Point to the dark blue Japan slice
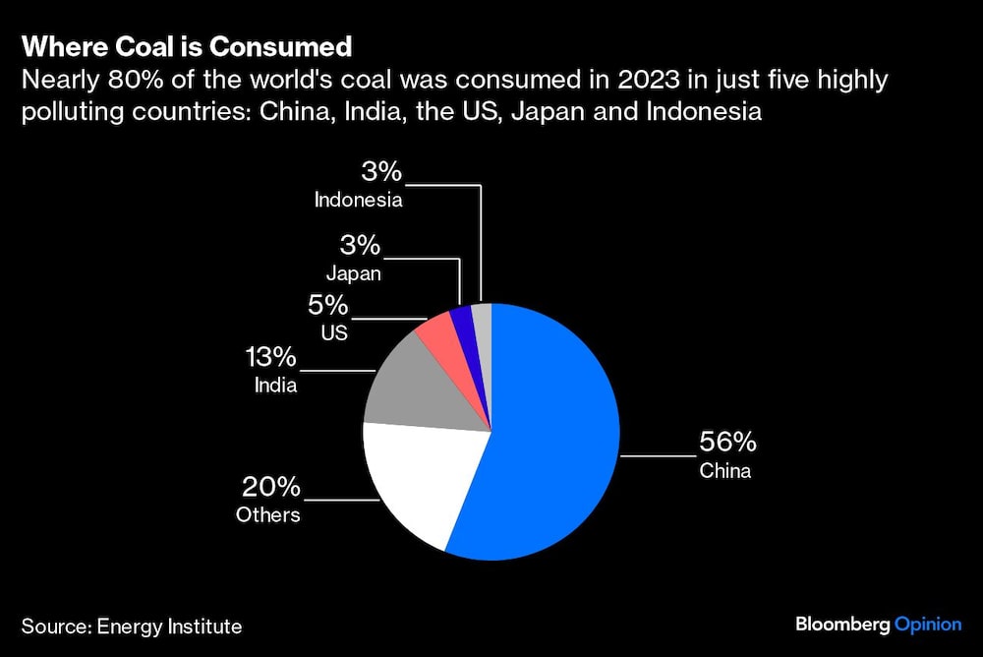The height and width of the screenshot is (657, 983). click(461, 319)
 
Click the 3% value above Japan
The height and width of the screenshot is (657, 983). click(360, 245)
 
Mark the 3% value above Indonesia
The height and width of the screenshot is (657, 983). click(381, 173)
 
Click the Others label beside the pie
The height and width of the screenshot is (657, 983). click(268, 514)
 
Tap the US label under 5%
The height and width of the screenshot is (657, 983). click(335, 333)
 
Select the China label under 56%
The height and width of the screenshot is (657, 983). click(724, 471)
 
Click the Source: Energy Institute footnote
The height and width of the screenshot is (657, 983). click(131, 626)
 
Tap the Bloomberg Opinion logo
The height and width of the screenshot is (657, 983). click(878, 625)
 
